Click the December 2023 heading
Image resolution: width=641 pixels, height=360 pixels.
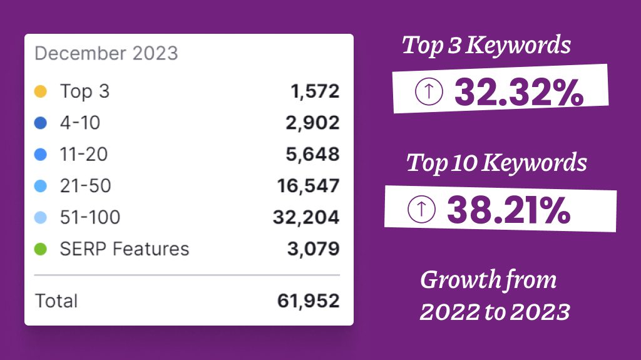pyautogui.click(x=106, y=53)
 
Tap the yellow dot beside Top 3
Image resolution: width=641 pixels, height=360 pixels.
pyautogui.click(x=41, y=92)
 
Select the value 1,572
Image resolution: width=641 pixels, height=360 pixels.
pyautogui.click(x=315, y=92)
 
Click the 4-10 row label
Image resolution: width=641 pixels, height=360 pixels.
pyautogui.click(x=79, y=123)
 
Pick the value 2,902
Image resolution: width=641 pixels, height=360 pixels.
pyautogui.click(x=314, y=123)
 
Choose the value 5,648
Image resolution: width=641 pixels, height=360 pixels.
pyautogui.click(x=314, y=155)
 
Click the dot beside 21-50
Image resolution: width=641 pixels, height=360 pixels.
pyautogui.click(x=41, y=186)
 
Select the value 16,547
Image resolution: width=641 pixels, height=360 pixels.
pyautogui.click(x=308, y=186)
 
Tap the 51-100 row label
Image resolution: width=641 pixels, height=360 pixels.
pyautogui.click(x=90, y=217)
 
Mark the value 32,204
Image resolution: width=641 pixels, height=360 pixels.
pyautogui.click(x=306, y=217)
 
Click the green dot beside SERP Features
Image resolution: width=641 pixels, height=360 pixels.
pyautogui.click(x=41, y=249)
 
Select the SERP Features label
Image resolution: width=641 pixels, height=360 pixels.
pyautogui.click(x=124, y=249)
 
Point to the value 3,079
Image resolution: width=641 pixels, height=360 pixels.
pyautogui.click(x=314, y=249)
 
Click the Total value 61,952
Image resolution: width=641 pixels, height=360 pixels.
pyautogui.click(x=308, y=301)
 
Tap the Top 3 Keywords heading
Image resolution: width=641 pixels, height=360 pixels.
pyautogui.click(x=486, y=46)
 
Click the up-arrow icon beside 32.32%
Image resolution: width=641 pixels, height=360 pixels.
pyautogui.click(x=429, y=92)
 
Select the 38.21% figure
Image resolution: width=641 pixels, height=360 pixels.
pyautogui.click(x=508, y=210)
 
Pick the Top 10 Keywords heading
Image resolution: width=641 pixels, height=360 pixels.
pyautogui.click(x=496, y=163)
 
